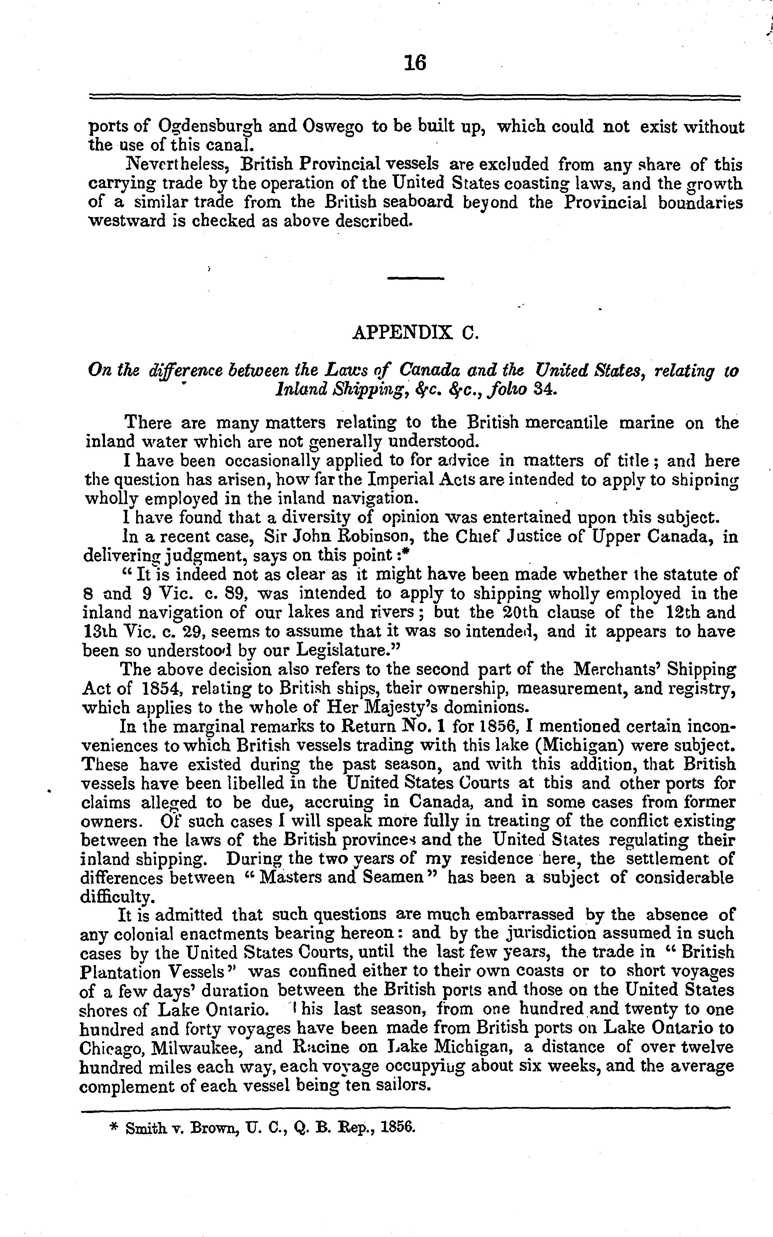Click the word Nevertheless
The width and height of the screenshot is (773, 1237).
coord(178,164)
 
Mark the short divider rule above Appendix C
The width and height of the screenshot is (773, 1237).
coord(416,278)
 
